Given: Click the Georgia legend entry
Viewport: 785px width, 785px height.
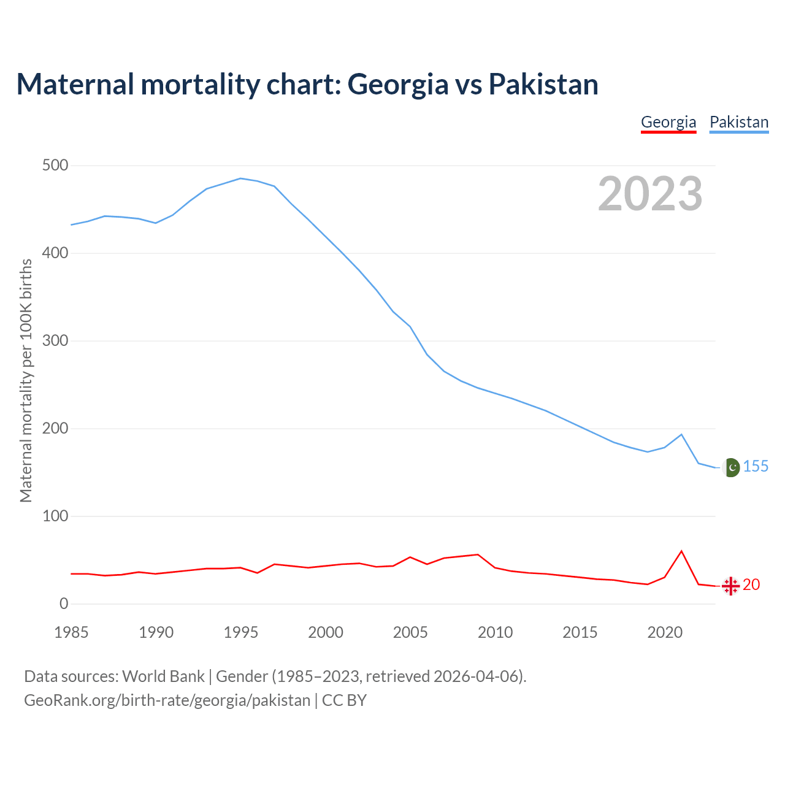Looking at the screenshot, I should [x=668, y=122].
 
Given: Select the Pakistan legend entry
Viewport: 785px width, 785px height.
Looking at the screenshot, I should [x=739, y=122].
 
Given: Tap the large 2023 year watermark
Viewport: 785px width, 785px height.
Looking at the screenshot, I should [x=650, y=194].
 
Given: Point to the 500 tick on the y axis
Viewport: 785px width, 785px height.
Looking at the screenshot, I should [x=55, y=166].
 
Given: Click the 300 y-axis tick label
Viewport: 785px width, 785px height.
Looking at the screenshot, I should [x=55, y=341].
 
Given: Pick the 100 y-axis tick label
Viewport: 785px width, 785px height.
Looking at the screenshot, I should [x=55, y=516].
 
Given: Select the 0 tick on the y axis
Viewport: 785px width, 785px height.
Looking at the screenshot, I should [x=64, y=604].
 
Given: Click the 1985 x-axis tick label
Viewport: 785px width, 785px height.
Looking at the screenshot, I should [x=71, y=632].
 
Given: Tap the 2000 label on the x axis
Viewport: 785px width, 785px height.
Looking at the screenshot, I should [x=326, y=632].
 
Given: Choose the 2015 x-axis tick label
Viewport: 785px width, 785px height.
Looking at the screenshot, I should [x=580, y=632].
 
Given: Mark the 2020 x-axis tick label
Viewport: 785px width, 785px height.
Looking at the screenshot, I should [x=665, y=632].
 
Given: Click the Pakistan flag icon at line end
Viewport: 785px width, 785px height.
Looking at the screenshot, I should [x=730, y=467].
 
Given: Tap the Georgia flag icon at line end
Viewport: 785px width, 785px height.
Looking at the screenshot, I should [x=730, y=586].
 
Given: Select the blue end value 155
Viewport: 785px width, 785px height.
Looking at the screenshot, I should [x=756, y=467].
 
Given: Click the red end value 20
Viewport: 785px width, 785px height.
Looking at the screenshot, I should [x=751, y=585].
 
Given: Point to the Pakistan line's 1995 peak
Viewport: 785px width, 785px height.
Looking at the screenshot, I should [x=240, y=178].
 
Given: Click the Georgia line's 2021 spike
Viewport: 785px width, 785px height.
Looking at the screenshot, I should [x=681, y=551].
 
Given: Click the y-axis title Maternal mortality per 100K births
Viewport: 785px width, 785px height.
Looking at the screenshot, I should [x=26, y=380].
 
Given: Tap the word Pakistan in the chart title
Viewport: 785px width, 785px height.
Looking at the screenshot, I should [x=543, y=84].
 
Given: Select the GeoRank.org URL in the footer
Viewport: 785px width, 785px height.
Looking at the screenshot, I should [x=167, y=700].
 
